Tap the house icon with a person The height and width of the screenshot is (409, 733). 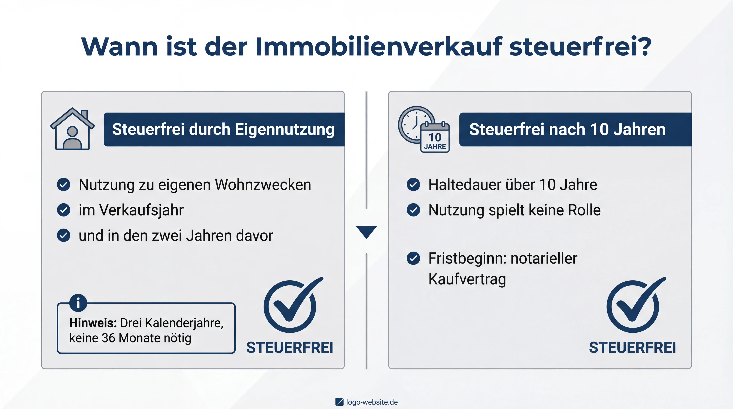(72, 129)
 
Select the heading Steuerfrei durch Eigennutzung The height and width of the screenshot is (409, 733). (223, 129)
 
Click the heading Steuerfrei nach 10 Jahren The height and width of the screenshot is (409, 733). (567, 129)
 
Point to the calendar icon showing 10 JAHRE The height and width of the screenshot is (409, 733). (435, 138)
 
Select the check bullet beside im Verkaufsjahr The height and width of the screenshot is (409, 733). (63, 210)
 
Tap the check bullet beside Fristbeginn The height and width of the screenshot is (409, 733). (413, 258)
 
